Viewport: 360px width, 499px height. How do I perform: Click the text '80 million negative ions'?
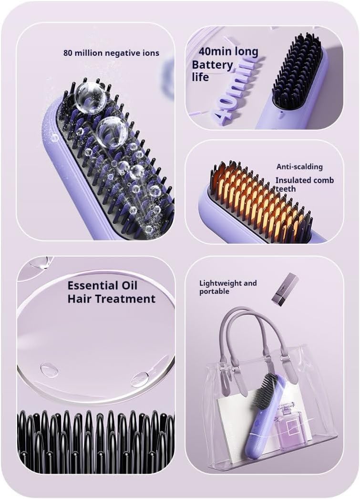[x=112, y=52]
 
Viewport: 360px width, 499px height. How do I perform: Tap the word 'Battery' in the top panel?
[x=213, y=65]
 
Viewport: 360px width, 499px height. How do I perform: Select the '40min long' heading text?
[x=228, y=52]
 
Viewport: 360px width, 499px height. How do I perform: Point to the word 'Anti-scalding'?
[x=299, y=167]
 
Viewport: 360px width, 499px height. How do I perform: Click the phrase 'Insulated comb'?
[x=304, y=180]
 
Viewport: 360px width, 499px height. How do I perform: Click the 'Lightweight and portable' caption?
[x=227, y=287]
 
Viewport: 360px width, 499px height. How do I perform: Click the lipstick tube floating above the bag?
[x=285, y=289]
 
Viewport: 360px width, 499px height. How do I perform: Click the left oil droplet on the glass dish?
[x=49, y=369]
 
